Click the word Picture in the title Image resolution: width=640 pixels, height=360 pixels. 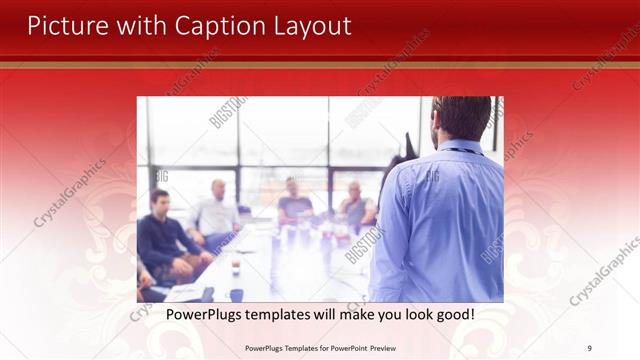(x=65, y=26)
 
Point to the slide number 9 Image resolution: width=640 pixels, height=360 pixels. (x=589, y=348)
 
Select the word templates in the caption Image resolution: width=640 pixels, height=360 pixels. (x=290, y=314)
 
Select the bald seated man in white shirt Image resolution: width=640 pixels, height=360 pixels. (x=216, y=210)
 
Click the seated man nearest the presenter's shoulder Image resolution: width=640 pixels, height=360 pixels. (x=356, y=204)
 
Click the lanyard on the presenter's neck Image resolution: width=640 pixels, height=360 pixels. (x=460, y=151)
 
